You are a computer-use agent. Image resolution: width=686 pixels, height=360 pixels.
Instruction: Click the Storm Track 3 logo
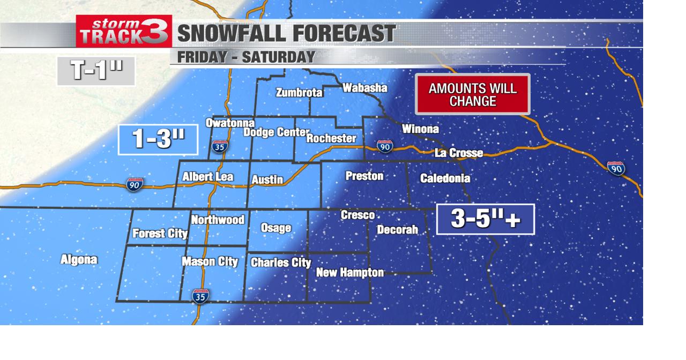click(124, 31)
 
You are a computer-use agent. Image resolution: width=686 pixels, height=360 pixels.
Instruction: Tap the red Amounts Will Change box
click(473, 94)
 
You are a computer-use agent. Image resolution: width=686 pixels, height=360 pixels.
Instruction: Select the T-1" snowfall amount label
click(96, 71)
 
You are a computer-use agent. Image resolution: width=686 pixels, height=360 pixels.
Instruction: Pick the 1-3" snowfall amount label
click(159, 139)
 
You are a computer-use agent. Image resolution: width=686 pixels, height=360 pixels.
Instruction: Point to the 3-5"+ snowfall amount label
click(486, 219)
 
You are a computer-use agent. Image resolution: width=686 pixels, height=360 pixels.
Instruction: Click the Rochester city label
click(331, 138)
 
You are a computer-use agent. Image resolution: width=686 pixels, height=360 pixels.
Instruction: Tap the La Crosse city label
click(459, 153)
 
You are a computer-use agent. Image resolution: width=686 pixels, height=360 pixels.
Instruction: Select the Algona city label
click(79, 260)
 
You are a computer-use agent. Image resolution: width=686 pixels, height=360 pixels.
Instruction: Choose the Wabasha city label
click(364, 88)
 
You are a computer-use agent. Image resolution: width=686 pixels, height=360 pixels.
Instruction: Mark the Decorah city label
click(397, 229)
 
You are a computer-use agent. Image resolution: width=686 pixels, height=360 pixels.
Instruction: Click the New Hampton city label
click(350, 273)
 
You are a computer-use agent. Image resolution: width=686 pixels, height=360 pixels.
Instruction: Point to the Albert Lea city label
click(208, 177)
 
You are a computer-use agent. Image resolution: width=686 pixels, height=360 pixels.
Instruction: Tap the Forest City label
click(160, 234)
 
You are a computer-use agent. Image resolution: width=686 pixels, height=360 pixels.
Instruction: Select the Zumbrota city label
click(299, 93)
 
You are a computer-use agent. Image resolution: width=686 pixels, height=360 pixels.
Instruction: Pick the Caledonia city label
click(445, 178)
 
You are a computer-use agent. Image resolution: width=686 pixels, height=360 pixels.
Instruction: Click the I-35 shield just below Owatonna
click(219, 146)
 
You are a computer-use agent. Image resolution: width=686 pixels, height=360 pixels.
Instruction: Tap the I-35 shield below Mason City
click(201, 296)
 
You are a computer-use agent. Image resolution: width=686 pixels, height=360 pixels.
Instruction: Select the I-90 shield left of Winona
click(384, 146)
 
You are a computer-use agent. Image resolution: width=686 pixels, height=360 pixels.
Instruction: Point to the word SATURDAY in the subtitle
click(278, 57)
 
